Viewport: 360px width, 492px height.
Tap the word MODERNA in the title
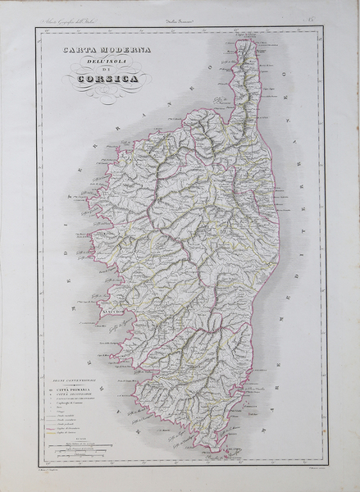pyautogui.click(x=115, y=51)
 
